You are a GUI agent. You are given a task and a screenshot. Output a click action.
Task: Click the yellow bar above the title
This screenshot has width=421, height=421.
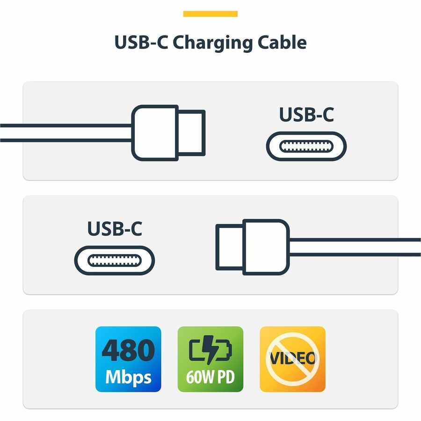[210, 14]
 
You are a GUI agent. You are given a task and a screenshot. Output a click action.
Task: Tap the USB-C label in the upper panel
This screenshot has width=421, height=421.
[306, 115]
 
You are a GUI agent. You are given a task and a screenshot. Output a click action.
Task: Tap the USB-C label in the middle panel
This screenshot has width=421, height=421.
[115, 228]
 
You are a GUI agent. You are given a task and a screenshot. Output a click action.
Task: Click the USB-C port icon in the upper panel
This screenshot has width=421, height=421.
[306, 146]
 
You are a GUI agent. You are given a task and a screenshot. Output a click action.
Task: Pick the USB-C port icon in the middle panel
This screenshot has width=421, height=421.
[115, 260]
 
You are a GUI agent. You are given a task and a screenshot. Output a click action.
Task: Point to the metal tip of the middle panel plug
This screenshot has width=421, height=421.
[229, 247]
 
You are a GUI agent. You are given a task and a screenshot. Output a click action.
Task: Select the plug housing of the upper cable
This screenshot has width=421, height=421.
[155, 132]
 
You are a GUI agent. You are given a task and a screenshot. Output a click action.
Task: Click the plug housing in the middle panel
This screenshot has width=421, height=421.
[265, 247]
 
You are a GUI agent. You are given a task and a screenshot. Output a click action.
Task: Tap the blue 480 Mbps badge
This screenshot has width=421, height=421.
[128, 359]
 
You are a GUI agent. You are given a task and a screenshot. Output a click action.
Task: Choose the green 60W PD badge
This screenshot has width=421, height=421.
[210, 359]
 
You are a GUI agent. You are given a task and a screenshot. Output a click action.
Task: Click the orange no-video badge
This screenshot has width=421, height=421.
[292, 359]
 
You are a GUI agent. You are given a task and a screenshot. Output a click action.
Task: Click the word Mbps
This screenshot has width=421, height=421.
[128, 377]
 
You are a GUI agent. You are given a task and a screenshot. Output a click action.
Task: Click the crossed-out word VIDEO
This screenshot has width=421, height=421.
[292, 359]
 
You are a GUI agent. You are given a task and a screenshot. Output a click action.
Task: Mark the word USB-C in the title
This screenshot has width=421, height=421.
[141, 43]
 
